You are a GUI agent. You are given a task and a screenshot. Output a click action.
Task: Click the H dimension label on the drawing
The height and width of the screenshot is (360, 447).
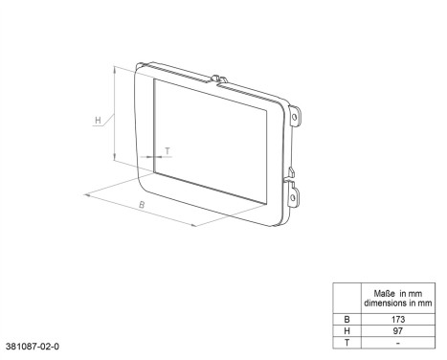point(98,121)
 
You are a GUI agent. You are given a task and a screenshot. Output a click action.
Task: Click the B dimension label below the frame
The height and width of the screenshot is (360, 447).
point(141,205)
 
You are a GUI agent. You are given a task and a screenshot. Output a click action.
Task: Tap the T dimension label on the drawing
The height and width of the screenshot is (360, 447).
point(168,150)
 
